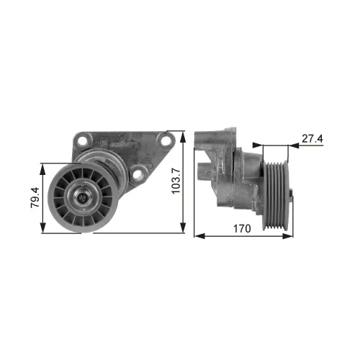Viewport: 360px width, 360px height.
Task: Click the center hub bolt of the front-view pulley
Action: [x=83, y=197]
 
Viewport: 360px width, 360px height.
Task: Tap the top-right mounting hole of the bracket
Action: [x=166, y=141]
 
